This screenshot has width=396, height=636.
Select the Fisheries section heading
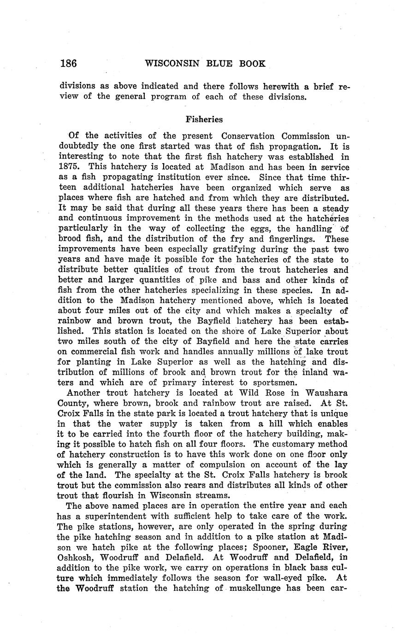point(204,119)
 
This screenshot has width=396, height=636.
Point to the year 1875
point(70,167)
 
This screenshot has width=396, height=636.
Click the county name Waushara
point(323,393)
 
